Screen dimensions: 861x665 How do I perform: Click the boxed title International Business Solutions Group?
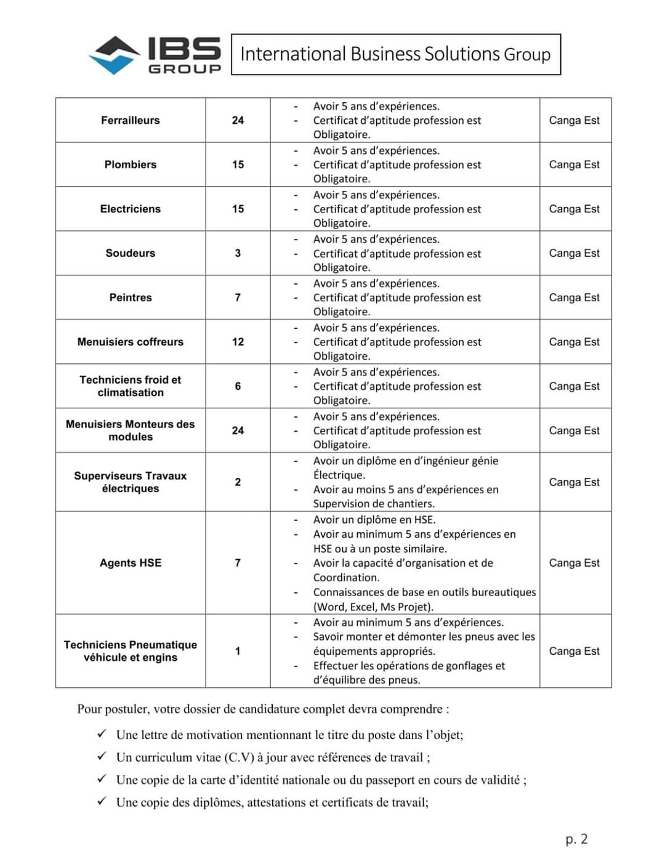pyautogui.click(x=395, y=54)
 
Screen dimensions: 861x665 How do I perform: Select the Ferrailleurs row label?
pyautogui.click(x=131, y=120)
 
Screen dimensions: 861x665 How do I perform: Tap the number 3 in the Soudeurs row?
pyautogui.click(x=238, y=253)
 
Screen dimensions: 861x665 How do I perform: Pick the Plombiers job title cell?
pyautogui.click(x=131, y=164)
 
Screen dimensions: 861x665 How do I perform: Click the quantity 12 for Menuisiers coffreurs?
pyautogui.click(x=238, y=342)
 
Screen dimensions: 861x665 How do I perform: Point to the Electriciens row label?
pyautogui.click(x=131, y=209)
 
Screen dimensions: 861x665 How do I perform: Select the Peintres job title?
pyautogui.click(x=131, y=297)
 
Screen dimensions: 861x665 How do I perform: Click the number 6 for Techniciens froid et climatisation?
pyautogui.click(x=238, y=386)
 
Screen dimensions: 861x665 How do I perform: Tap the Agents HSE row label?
pyautogui.click(x=131, y=563)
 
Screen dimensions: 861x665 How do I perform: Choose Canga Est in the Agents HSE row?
pyautogui.click(x=574, y=563)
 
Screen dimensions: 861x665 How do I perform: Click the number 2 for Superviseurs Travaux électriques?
pyautogui.click(x=238, y=482)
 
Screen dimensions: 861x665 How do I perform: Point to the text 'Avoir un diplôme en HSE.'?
pyautogui.click(x=374, y=520)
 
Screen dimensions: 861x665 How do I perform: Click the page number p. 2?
pyautogui.click(x=576, y=839)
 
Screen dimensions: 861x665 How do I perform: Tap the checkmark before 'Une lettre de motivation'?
pyautogui.click(x=102, y=734)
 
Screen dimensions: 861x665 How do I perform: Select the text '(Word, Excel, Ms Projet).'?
pyautogui.click(x=373, y=607)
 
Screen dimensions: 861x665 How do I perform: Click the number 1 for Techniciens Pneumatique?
pyautogui.click(x=238, y=651)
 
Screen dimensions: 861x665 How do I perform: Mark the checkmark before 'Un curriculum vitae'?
pyautogui.click(x=102, y=757)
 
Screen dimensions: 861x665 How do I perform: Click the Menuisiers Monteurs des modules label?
pyautogui.click(x=131, y=430)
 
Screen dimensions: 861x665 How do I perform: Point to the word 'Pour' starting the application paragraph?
pyautogui.click(x=89, y=709)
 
